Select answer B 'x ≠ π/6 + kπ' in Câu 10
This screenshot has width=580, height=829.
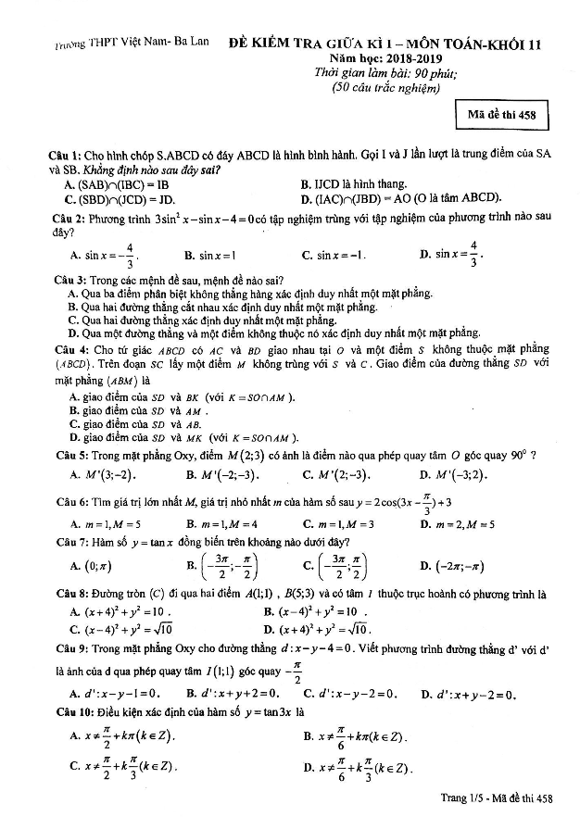click(356, 737)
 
